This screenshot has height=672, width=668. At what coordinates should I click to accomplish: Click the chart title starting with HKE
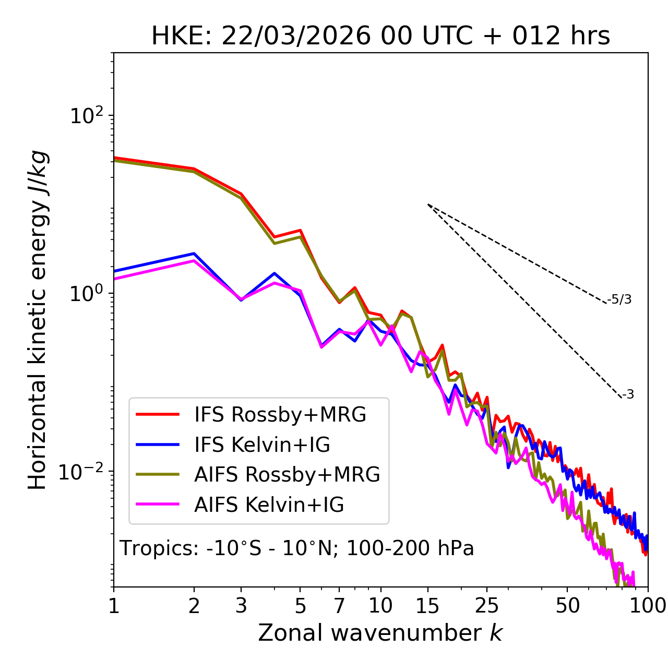tap(380, 37)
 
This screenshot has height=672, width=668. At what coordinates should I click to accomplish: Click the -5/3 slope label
tap(619, 299)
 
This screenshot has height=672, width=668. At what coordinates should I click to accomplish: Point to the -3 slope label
tap(628, 395)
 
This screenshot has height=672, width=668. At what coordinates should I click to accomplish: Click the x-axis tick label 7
tap(339, 606)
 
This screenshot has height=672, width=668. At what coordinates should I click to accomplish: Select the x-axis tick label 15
tap(427, 606)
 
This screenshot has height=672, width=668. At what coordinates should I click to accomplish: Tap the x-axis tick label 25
tap(487, 606)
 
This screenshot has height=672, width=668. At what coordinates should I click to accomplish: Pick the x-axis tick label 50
tap(567, 606)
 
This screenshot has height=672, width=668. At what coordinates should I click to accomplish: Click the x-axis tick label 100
tap(648, 606)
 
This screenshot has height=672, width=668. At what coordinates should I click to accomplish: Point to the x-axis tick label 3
tap(241, 606)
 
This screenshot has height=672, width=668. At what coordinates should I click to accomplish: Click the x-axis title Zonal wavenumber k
tap(380, 633)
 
